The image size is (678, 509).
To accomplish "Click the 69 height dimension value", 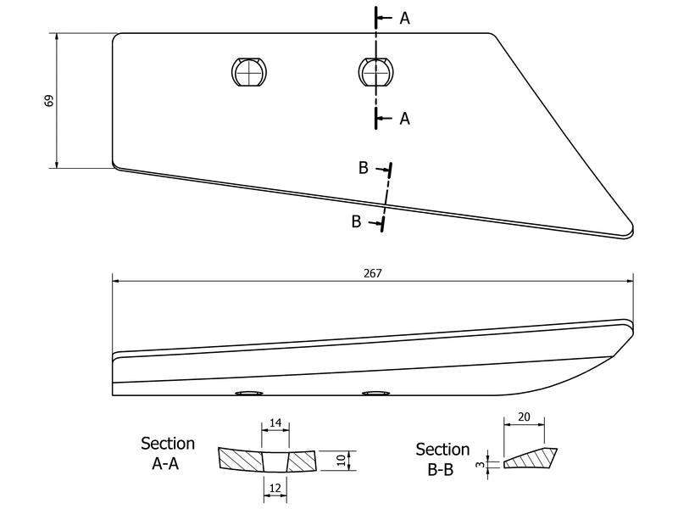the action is pyautogui.click(x=49, y=100).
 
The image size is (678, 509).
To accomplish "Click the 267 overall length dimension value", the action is pyautogui.click(x=373, y=273).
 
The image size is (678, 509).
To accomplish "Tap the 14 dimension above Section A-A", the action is pyautogui.click(x=275, y=422).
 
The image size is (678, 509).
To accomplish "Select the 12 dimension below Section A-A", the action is pyautogui.click(x=275, y=489).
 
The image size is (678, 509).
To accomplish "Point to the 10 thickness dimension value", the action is pyautogui.click(x=342, y=460).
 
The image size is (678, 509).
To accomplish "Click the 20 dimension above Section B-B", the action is pyautogui.click(x=524, y=417).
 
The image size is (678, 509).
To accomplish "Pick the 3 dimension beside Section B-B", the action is pyautogui.click(x=480, y=465).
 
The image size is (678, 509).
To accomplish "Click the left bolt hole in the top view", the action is pyautogui.click(x=248, y=71).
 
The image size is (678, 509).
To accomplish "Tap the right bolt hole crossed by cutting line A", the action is pyautogui.click(x=376, y=71).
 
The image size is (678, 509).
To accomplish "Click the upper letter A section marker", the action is pyautogui.click(x=404, y=18).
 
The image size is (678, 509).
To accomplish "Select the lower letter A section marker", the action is pyautogui.click(x=404, y=118).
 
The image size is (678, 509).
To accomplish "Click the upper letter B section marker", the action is pyautogui.click(x=364, y=167).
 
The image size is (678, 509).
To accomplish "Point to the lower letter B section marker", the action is pyautogui.click(x=356, y=221).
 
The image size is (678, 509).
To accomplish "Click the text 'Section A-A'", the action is pyautogui.click(x=167, y=453).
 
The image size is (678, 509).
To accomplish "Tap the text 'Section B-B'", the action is pyautogui.click(x=442, y=459).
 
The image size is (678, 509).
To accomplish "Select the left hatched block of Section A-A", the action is pyautogui.click(x=241, y=459).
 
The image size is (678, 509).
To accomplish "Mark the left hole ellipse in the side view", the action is pyautogui.click(x=248, y=393).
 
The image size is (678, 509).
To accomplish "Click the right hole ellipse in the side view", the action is pyautogui.click(x=376, y=393).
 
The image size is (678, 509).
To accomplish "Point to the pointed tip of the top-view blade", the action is pyautogui.click(x=632, y=229).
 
